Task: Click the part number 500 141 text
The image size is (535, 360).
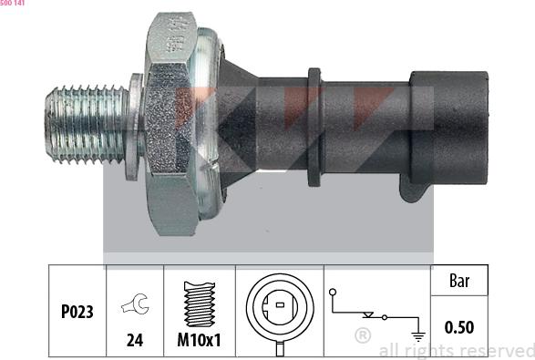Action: coord(13,3)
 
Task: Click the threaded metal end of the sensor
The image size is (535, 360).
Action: coord(87,124)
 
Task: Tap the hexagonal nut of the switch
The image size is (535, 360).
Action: coord(170,124)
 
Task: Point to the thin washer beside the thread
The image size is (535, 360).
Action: coord(136,127)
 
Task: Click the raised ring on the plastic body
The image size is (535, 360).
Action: coord(314,128)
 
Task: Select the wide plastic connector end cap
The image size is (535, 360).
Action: coord(449,128)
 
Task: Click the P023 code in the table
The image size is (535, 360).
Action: coord(77,312)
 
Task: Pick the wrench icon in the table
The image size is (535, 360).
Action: coord(135,303)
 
